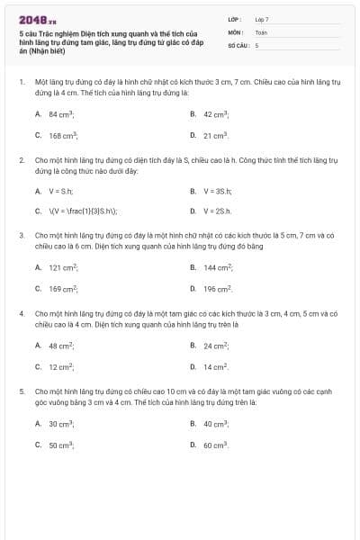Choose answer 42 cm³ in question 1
coord(216,114)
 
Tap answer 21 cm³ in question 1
coord(216,135)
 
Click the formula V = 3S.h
coord(217,191)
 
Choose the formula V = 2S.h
coord(217,211)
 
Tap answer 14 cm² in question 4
coord(216,366)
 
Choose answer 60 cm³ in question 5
coord(216,445)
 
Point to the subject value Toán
coord(261,31)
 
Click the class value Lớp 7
coord(262,18)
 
